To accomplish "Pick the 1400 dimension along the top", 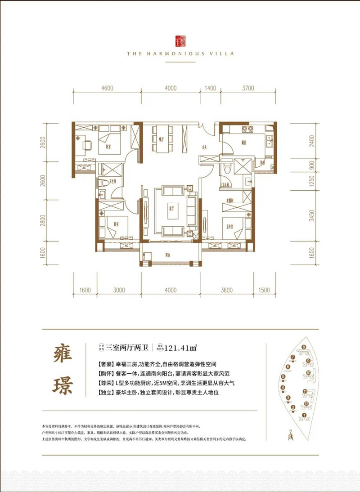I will [210, 88].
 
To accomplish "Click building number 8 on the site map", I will [304, 347].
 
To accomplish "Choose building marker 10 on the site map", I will [308, 373].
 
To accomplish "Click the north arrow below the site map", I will [291, 434].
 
